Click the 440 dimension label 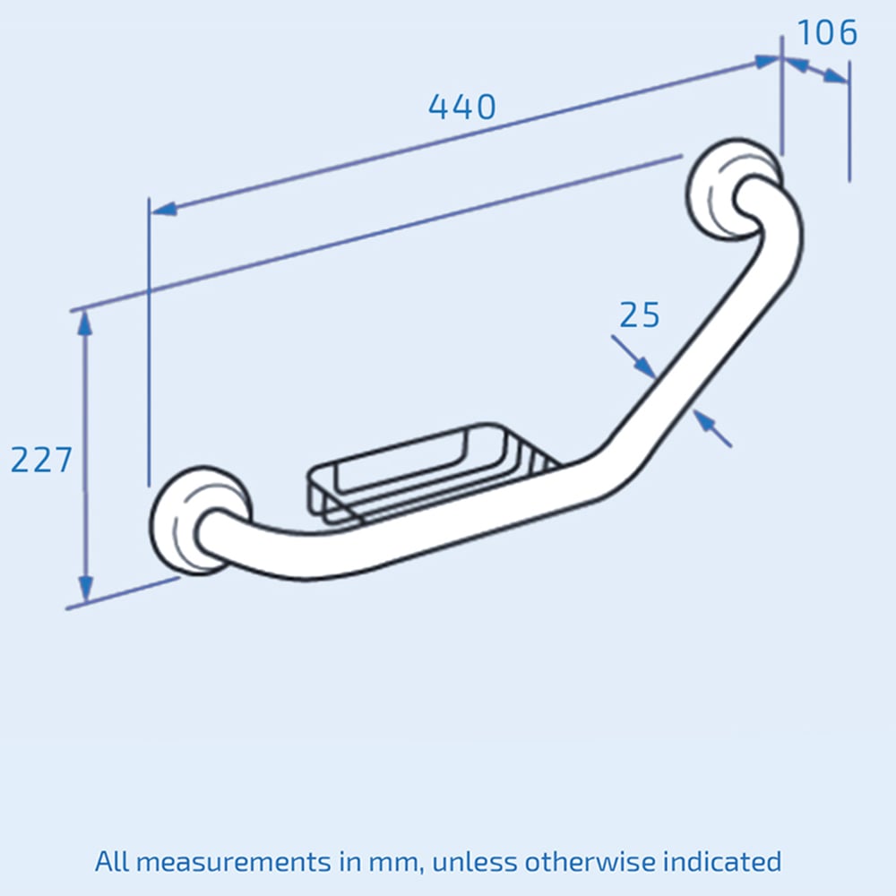point(461,108)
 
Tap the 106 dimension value point(827,33)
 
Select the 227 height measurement point(41,460)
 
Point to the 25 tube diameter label point(640,315)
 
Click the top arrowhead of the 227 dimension point(85,323)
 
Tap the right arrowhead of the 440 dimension point(767,61)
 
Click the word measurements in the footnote point(239,862)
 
